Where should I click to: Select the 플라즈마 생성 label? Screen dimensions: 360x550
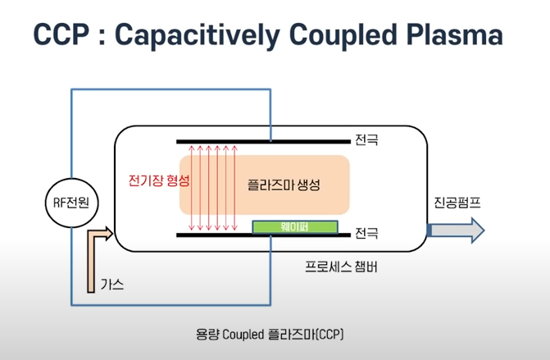283,185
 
